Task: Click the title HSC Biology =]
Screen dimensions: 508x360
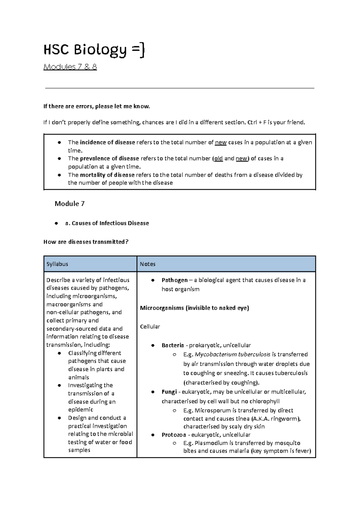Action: pos(94,50)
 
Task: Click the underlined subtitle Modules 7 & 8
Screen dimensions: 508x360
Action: pos(70,67)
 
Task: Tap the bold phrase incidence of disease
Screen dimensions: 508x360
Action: pos(107,142)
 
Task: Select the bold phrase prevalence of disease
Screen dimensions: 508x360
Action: pos(109,158)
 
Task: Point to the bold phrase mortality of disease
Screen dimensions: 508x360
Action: pos(107,175)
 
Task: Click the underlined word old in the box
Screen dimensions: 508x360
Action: pos(218,158)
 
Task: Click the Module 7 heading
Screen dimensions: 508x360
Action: pos(69,204)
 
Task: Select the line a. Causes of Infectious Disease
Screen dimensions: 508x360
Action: pos(107,223)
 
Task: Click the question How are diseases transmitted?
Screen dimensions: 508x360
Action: pos(86,242)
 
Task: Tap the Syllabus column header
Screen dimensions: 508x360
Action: pos(57,264)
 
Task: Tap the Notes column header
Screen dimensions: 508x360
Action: pos(148,264)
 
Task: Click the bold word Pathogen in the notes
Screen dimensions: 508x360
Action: pos(174,280)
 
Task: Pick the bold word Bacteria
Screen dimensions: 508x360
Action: pos(172,345)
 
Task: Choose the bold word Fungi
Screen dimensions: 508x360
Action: pos(169,392)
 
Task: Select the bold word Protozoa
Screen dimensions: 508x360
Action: pos(173,435)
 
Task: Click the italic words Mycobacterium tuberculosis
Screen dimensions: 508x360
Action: pos(232,354)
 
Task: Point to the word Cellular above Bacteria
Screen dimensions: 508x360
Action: pos(150,327)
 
